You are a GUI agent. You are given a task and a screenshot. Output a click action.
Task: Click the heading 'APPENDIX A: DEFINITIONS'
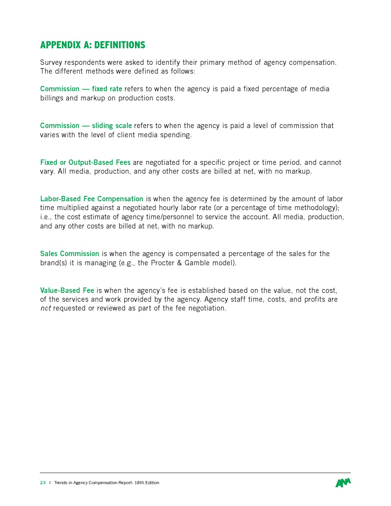click(x=92, y=45)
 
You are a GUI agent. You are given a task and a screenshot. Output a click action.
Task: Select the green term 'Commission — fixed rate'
click(x=81, y=89)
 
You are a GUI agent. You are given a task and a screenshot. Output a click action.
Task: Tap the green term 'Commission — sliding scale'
click(x=86, y=126)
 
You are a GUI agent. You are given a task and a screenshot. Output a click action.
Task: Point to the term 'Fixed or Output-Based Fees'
click(x=85, y=163)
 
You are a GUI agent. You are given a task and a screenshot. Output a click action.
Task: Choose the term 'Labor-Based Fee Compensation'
click(x=92, y=199)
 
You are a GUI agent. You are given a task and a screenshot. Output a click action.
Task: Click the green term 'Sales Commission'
click(x=69, y=254)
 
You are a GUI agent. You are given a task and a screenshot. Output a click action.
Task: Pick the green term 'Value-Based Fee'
click(x=67, y=291)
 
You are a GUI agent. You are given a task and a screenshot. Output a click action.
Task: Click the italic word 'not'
click(x=46, y=309)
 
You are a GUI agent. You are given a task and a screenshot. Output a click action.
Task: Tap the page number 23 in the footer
click(x=43, y=483)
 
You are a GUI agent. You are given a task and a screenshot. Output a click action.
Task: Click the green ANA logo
click(x=343, y=483)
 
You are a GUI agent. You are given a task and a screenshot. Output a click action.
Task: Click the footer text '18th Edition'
click(x=147, y=483)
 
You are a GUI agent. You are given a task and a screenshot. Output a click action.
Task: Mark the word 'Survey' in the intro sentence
click(x=51, y=62)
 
